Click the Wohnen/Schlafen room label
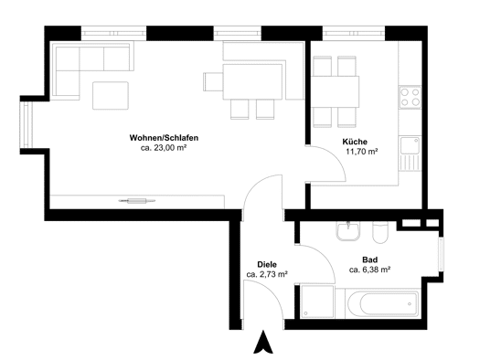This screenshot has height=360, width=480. (x=164, y=138)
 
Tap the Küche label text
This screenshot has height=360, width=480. (x=355, y=142)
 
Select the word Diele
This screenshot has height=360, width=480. (x=267, y=264)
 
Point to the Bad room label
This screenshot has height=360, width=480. (x=369, y=259)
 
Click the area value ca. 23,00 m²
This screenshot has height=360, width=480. (x=164, y=148)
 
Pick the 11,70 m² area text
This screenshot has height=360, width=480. (x=361, y=152)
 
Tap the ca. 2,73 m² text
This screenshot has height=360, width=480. (x=267, y=274)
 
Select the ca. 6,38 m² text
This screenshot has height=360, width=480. (x=369, y=270)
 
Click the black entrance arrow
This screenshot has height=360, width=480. (x=263, y=342)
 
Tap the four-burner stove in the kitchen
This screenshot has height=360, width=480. (x=410, y=97)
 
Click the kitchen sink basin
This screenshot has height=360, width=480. (x=410, y=146)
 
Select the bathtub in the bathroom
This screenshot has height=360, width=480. (x=383, y=303)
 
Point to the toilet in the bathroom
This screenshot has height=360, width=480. (x=380, y=232)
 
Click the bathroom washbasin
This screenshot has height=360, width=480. (x=348, y=231)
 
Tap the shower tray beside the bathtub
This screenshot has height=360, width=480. (x=316, y=302)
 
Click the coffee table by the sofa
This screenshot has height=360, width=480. (x=111, y=95)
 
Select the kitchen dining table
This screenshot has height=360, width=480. (x=335, y=91)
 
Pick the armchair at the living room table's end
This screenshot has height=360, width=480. (x=213, y=81)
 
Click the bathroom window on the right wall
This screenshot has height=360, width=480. (x=441, y=255)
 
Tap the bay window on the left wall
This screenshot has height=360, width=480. (x=26, y=125)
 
